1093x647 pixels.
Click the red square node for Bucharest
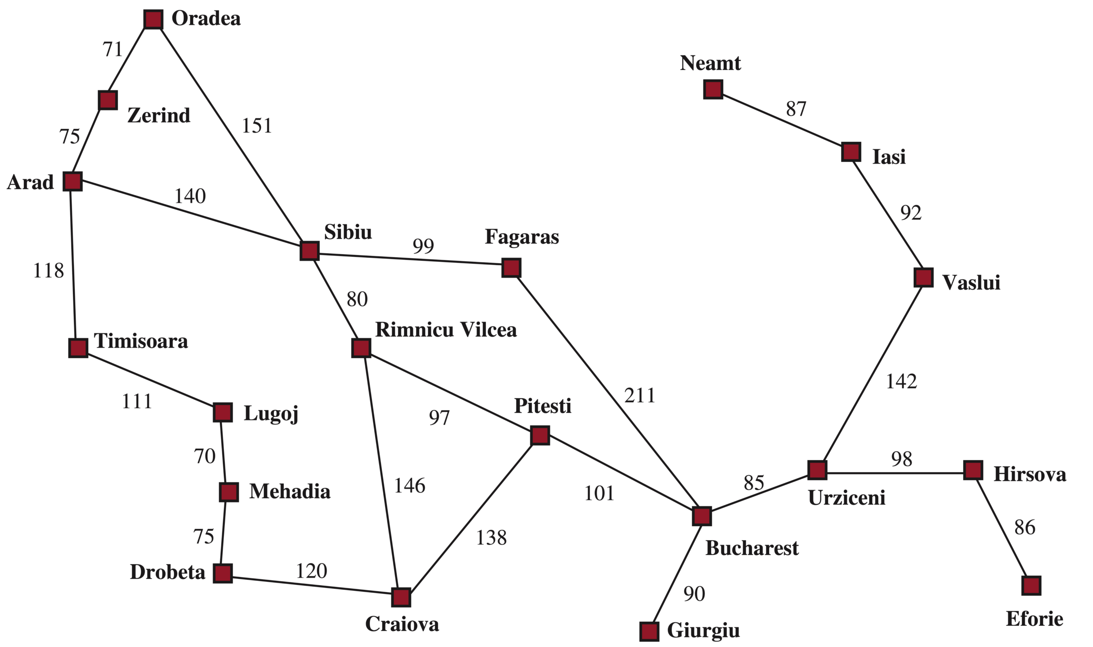pos(702,516)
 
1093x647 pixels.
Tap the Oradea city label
pos(206,18)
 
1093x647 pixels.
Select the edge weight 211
pos(639,396)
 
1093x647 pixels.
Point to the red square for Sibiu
pos(309,251)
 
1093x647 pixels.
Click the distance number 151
pos(257,126)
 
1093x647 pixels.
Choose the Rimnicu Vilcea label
pos(446,330)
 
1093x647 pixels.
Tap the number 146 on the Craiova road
pos(409,486)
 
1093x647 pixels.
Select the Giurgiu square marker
pos(649,631)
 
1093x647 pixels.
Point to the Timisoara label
pos(141,341)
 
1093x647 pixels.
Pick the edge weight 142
pos(901,382)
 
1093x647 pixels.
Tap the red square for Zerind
pos(108,100)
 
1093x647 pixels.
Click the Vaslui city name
pos(971,282)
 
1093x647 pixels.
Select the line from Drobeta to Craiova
pos(311,587)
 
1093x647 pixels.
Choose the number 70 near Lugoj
pos(204,456)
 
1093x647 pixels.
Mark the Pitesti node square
pos(540,435)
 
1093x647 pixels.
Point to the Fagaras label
pos(522,237)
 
